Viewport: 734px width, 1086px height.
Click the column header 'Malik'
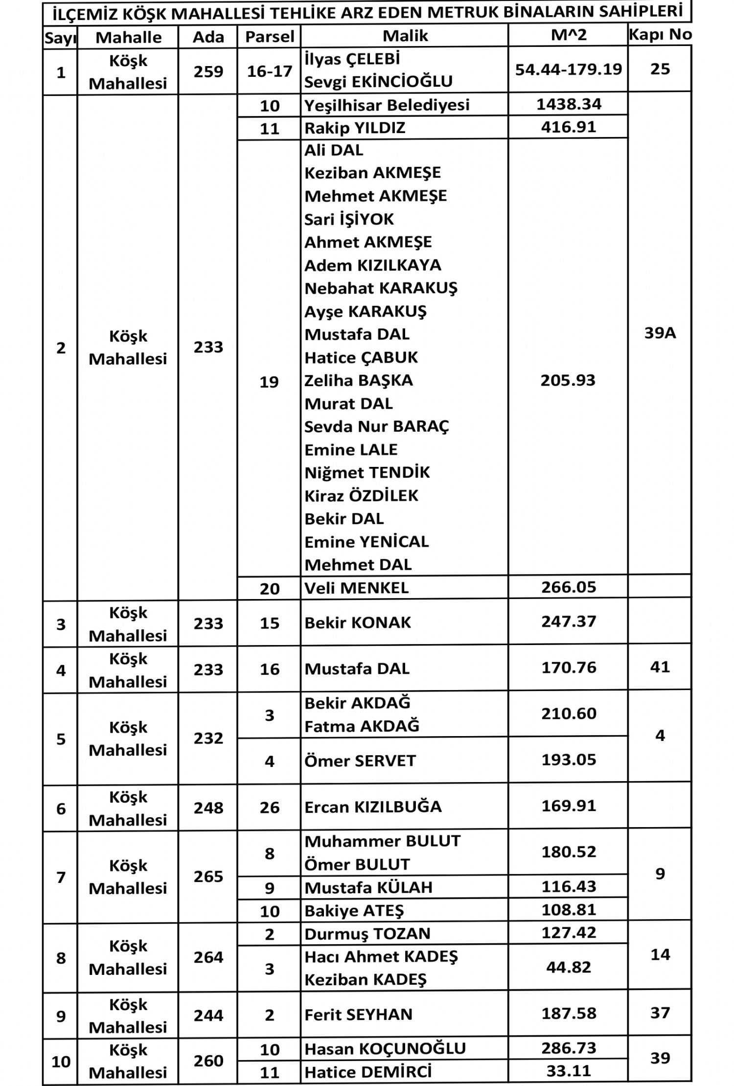[405, 36]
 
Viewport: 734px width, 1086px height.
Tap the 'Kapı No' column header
[660, 34]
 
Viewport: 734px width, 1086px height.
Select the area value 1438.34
[569, 104]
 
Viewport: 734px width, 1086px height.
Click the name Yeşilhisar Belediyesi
[387, 105]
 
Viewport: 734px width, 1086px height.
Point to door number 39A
[660, 333]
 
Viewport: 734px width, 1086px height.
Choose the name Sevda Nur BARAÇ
[376, 427]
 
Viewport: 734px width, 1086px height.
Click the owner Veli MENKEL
[356, 588]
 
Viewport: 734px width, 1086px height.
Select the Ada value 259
[208, 71]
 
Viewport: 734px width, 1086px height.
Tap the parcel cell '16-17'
[269, 71]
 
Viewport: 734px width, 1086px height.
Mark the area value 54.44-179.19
[569, 69]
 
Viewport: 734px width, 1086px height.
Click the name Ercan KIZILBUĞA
[373, 807]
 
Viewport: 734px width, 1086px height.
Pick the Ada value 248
[208, 808]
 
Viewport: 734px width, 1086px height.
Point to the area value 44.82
[569, 968]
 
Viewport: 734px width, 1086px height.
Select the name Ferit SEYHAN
[358, 1015]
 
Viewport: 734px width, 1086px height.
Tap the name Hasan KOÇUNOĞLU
[385, 1049]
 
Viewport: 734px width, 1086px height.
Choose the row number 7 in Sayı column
[61, 878]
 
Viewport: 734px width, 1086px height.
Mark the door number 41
[660, 667]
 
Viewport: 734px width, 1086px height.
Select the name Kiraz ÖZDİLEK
[361, 496]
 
